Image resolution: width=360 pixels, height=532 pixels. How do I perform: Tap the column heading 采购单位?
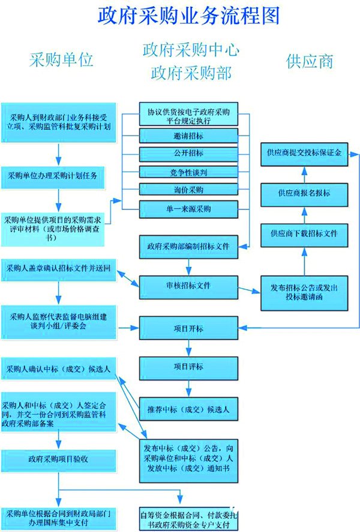pyautogui.click(x=61, y=61)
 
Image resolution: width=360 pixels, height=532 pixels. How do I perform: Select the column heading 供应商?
pyautogui.click(x=310, y=61)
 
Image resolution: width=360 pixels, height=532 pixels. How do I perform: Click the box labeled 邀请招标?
pyautogui.click(x=187, y=136)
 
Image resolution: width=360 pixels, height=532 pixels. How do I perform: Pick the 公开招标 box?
pyautogui.click(x=187, y=154)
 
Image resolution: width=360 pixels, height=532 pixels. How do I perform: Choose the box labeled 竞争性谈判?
pyautogui.click(x=187, y=173)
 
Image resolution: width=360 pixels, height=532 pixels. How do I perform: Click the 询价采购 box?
pyautogui.click(x=187, y=190)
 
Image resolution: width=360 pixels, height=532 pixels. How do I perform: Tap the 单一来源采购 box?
pyautogui.click(x=187, y=209)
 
